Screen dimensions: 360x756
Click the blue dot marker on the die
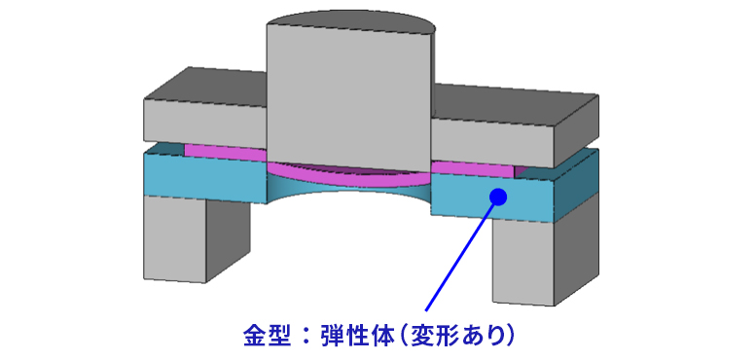click(498, 198)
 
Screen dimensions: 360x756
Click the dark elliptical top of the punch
click(348, 22)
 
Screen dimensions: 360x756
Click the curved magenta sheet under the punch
click(347, 178)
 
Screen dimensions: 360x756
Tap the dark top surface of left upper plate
click(204, 85)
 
